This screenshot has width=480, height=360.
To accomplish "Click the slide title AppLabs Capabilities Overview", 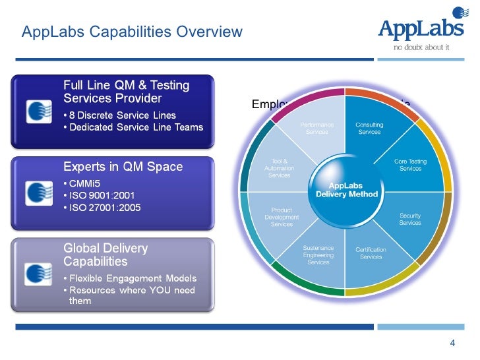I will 132,32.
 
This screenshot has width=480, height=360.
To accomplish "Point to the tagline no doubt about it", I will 421,47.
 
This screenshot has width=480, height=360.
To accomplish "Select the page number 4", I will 452,343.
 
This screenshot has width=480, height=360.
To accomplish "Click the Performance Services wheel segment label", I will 317,128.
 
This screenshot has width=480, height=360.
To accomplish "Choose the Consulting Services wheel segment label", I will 369,128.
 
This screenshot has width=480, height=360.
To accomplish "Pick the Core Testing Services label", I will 410,164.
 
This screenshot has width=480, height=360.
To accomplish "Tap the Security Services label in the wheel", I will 409,219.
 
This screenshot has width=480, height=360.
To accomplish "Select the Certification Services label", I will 371,253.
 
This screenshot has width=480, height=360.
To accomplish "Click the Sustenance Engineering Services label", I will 318,255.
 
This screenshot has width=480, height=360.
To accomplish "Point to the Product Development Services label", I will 282,217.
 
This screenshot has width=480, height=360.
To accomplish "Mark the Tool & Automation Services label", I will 280,167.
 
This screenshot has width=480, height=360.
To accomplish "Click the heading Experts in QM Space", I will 123,167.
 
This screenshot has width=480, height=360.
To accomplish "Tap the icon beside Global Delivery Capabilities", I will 38,274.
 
